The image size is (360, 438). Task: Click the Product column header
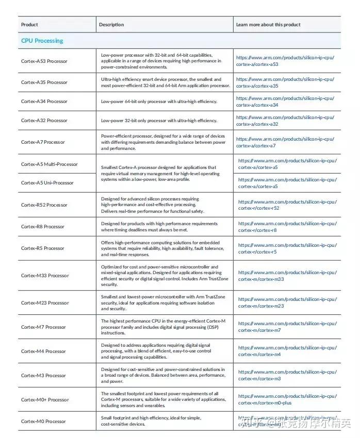tap(29, 24)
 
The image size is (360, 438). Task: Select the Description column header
tap(111, 24)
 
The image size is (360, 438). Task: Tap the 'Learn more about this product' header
tap(268, 24)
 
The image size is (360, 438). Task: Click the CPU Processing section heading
tap(42, 41)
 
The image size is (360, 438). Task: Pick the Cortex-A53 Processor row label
tap(44, 61)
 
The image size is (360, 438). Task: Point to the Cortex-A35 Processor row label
tap(44, 82)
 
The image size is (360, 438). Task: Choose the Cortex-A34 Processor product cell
tap(44, 102)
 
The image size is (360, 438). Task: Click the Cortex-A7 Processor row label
tap(43, 142)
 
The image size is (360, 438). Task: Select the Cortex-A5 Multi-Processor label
tap(50, 164)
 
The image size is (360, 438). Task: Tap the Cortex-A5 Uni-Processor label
tap(47, 183)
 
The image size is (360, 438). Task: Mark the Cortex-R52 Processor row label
tap(44, 205)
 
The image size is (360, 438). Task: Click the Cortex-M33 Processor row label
tap(45, 276)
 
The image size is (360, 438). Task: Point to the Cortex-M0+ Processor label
tap(45, 400)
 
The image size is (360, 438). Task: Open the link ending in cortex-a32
tap(285, 121)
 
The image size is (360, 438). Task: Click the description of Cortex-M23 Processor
tap(163, 303)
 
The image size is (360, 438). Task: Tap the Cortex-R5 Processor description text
tap(163, 248)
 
